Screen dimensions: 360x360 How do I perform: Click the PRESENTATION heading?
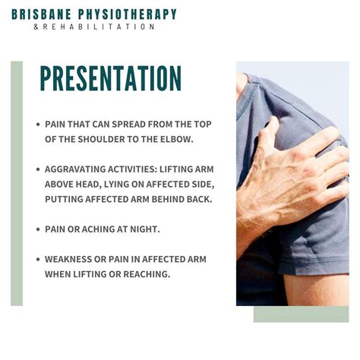click(x=110, y=78)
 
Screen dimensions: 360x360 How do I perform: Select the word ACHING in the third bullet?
click(x=100, y=228)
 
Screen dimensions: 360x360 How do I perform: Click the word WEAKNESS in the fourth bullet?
click(x=69, y=259)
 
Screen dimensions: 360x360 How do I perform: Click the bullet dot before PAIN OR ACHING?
click(x=38, y=228)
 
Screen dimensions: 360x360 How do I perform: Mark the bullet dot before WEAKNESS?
click(x=38, y=259)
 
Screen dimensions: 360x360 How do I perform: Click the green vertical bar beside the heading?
click(x=17, y=182)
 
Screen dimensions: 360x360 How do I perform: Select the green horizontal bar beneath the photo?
click(x=301, y=314)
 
